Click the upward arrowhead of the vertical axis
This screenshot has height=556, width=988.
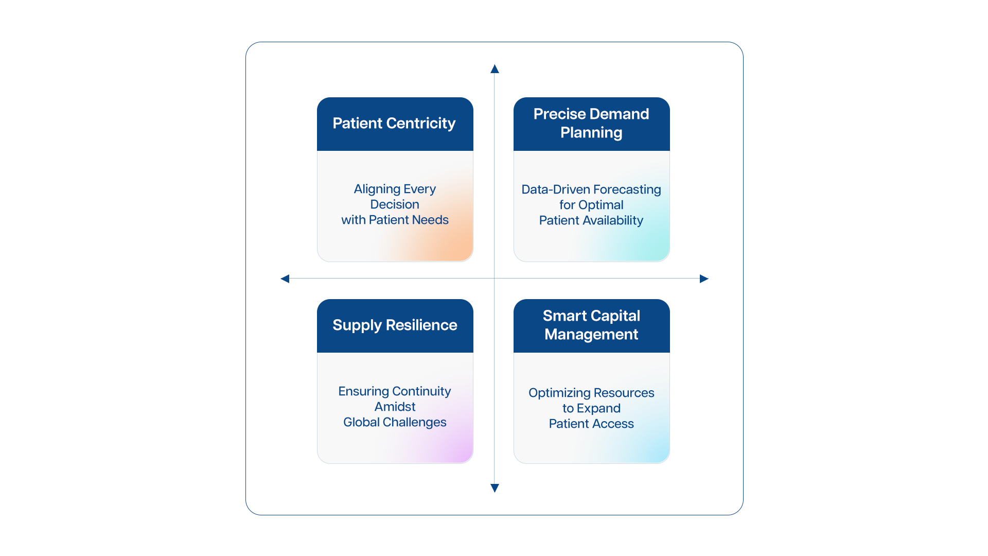495,69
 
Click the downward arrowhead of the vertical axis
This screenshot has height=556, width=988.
495,488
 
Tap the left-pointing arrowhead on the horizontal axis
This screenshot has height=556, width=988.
285,279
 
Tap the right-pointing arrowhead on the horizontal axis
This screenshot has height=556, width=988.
704,279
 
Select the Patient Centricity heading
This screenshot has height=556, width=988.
394,124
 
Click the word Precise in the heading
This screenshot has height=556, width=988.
559,114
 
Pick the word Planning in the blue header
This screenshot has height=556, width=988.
591,133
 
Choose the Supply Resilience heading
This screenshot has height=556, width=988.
395,325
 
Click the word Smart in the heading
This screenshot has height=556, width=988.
564,316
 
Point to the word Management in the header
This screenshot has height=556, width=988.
591,335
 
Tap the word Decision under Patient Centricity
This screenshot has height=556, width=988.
395,204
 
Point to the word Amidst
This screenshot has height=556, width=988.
395,407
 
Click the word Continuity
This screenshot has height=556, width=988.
421,392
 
